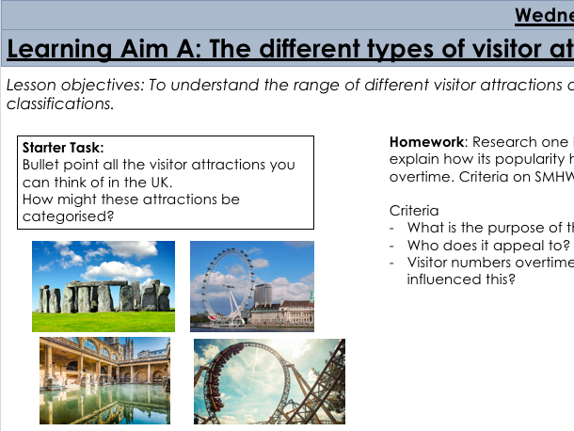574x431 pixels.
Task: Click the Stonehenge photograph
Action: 104,286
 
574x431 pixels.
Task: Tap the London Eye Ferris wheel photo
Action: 252,286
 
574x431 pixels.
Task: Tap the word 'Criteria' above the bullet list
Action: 414,212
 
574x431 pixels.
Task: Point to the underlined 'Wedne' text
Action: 544,16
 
